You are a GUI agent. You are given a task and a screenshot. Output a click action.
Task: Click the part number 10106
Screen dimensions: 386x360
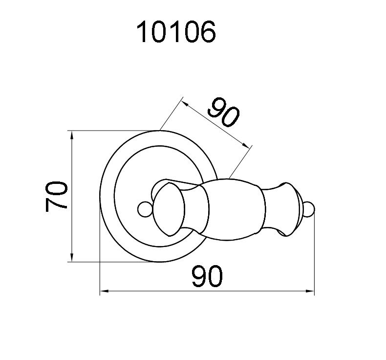[176, 31]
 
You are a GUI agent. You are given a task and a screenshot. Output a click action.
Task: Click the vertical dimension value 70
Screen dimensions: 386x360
[56, 196]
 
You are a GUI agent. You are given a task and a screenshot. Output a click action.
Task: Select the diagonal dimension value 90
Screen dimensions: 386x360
[223, 112]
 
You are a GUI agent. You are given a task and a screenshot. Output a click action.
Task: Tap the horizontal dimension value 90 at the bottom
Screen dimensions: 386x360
[207, 276]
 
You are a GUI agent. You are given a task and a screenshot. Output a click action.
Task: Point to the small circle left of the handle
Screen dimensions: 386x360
[145, 209]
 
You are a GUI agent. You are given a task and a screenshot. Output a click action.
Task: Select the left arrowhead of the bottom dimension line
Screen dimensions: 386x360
[105, 291]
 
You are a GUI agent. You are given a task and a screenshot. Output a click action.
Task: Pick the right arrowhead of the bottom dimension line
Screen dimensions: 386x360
[310, 291]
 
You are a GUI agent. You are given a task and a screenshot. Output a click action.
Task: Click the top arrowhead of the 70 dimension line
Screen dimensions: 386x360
[72, 136]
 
